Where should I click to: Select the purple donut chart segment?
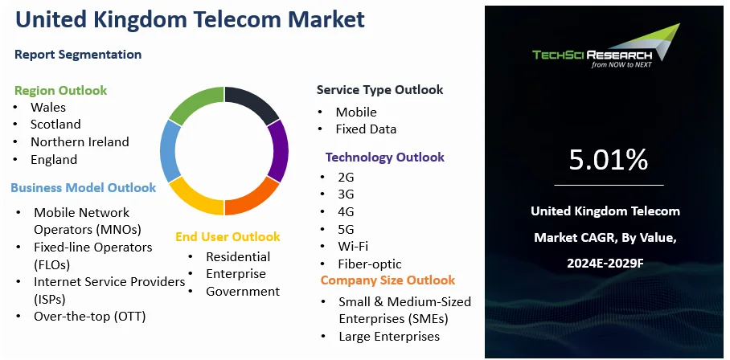pyautogui.click(x=279, y=151)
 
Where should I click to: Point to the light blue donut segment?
pyautogui.click(x=170, y=151)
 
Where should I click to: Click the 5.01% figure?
pyautogui.click(x=608, y=160)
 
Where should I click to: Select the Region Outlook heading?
pyautogui.click(x=60, y=90)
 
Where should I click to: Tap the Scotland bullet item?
pyautogui.click(x=55, y=125)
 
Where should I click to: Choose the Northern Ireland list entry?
pyautogui.click(x=80, y=141)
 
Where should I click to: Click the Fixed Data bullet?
pyautogui.click(x=366, y=129)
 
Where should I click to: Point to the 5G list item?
pyautogui.click(x=346, y=229)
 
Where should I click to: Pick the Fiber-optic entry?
pyautogui.click(x=370, y=264)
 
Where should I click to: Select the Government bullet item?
pyautogui.click(x=243, y=292)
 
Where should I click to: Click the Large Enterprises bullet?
pyautogui.click(x=389, y=336)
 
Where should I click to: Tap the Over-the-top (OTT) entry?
pyautogui.click(x=90, y=317)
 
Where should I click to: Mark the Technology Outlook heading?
pyautogui.click(x=385, y=157)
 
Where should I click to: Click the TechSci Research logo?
pyautogui.click(x=606, y=46)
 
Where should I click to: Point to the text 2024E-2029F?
pyautogui.click(x=605, y=264)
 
